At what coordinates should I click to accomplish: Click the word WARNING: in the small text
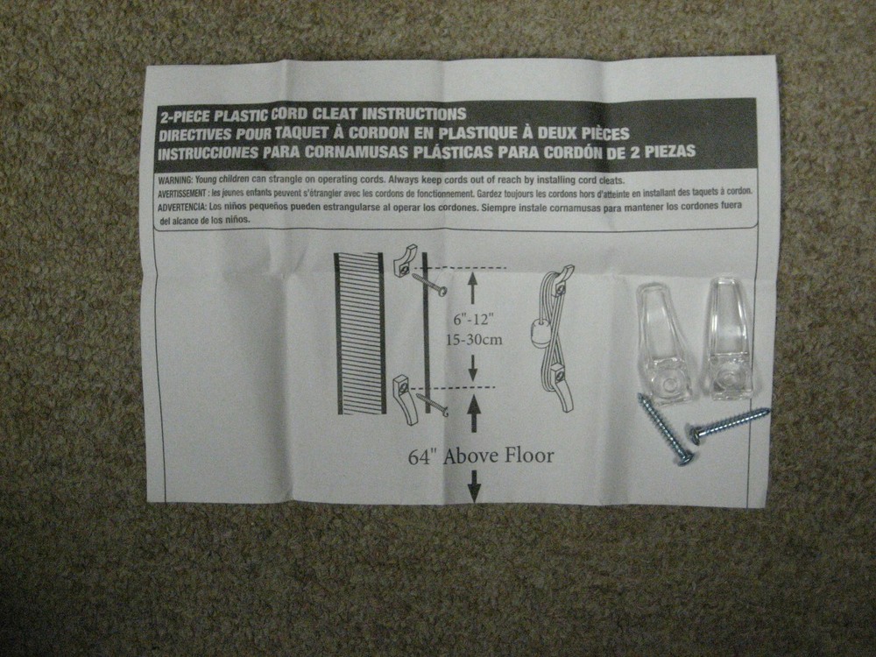[x=175, y=180]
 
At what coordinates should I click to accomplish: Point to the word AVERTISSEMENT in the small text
[x=181, y=194]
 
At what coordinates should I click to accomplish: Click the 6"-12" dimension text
[x=474, y=320]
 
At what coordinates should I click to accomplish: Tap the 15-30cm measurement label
[x=474, y=339]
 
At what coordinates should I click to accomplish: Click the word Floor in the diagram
[x=530, y=456]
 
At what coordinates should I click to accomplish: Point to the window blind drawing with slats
[x=360, y=334]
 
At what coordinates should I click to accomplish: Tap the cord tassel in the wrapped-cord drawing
[x=539, y=333]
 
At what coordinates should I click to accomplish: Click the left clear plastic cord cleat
[x=664, y=343]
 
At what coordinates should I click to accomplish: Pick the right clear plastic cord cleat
[x=731, y=337]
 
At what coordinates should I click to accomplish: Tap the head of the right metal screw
[x=692, y=433]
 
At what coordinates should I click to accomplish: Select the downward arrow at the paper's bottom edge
[x=474, y=485]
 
